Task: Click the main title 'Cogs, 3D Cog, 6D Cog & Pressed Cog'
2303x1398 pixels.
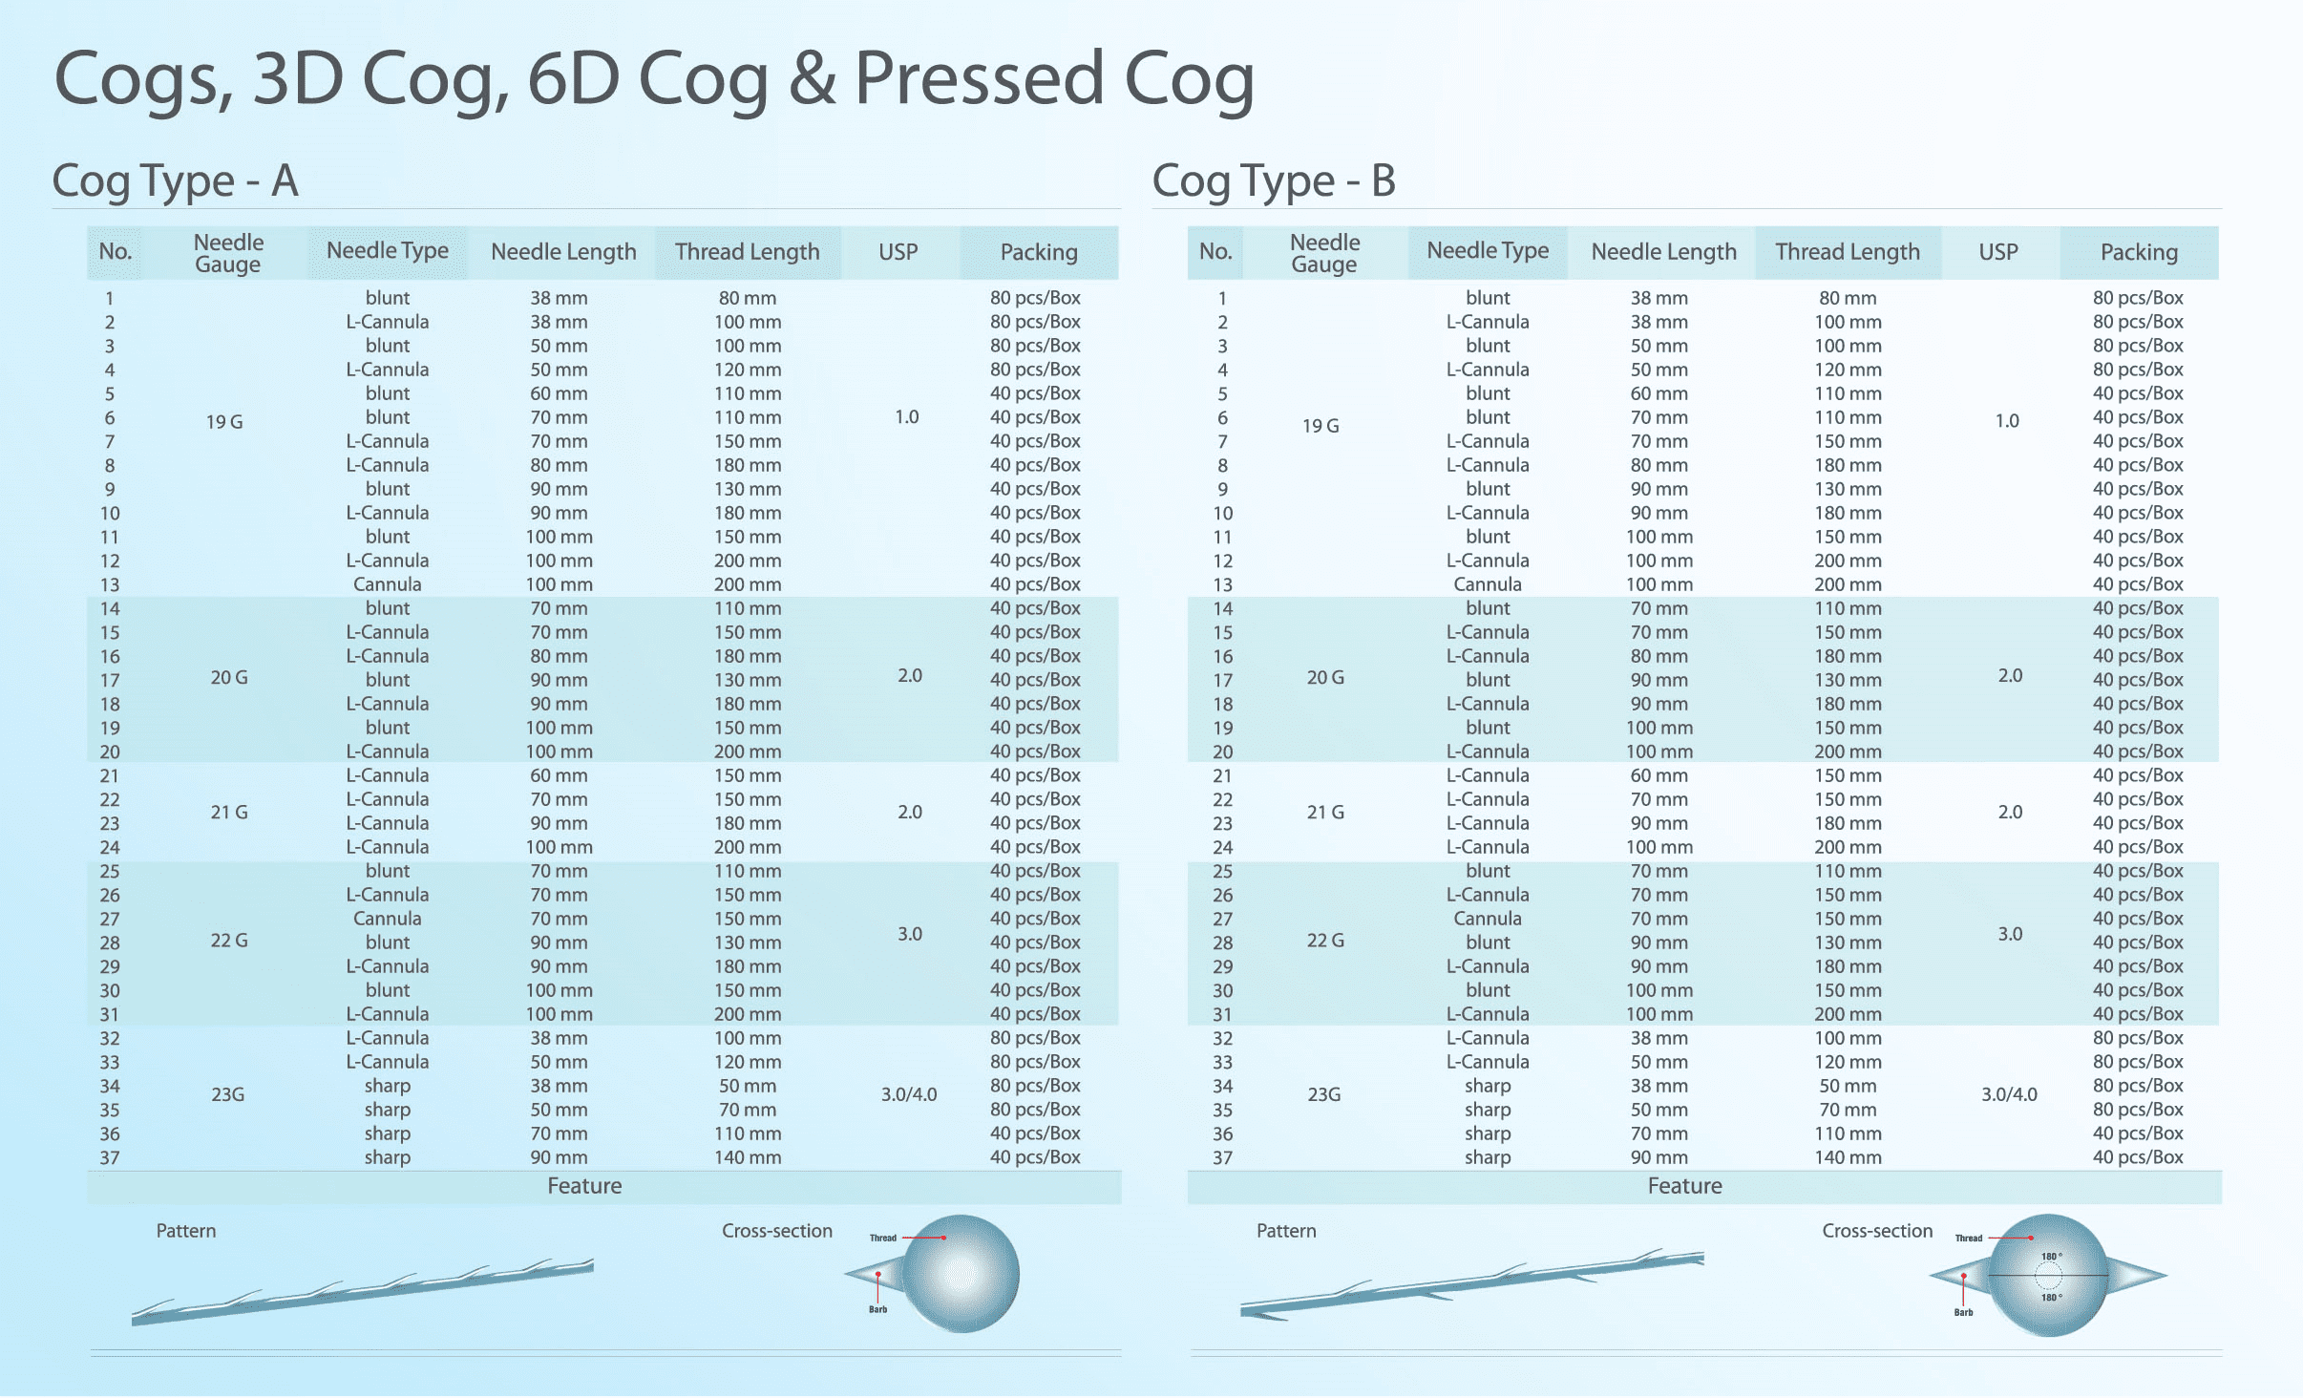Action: pos(654,80)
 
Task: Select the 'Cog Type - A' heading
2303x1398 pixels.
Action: pos(175,181)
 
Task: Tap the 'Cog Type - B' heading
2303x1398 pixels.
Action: pos(1274,181)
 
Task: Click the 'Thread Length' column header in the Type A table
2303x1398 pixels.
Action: pos(748,252)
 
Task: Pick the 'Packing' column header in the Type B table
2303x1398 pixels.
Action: pos(2139,252)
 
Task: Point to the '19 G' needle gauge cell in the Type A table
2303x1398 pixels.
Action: pos(224,422)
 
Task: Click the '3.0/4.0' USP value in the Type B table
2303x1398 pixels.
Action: pos(2009,1094)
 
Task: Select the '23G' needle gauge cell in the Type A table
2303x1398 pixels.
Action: pos(228,1094)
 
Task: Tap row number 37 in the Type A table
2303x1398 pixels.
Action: pos(110,1158)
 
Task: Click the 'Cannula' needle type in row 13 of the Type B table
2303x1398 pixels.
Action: pos(1488,584)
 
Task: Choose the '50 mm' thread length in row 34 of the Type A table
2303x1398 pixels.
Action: pos(748,1086)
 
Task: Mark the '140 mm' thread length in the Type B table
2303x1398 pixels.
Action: pos(1848,1157)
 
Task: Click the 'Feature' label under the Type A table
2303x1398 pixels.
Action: pos(584,1186)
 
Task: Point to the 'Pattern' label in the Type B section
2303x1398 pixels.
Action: pos(1286,1231)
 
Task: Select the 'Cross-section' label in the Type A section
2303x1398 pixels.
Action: pos(777,1231)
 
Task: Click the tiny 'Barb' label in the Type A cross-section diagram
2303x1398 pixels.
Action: pos(878,1310)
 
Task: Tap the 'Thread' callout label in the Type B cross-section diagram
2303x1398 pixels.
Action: pos(1969,1239)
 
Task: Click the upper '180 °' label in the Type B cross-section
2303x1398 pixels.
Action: pos(2052,1257)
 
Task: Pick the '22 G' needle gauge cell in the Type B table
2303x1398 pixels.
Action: pos(1325,941)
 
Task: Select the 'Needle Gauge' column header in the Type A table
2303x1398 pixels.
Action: pos(228,253)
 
